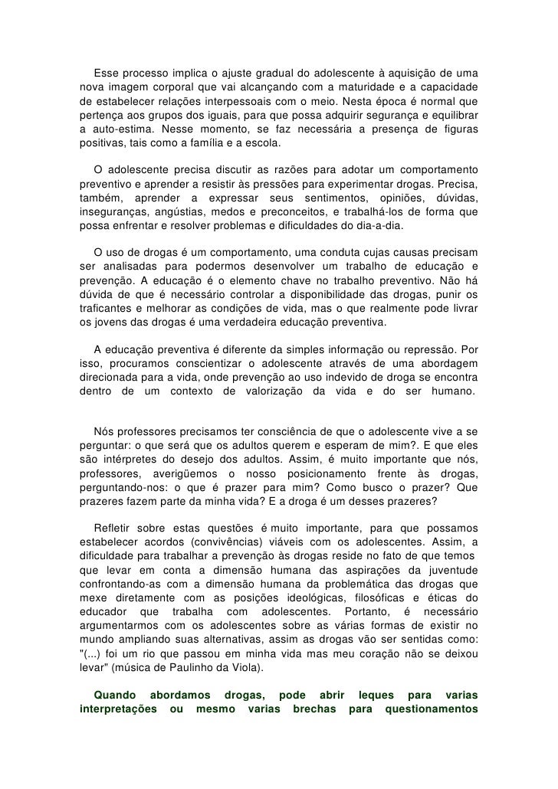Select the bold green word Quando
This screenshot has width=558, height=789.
click(x=113, y=696)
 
